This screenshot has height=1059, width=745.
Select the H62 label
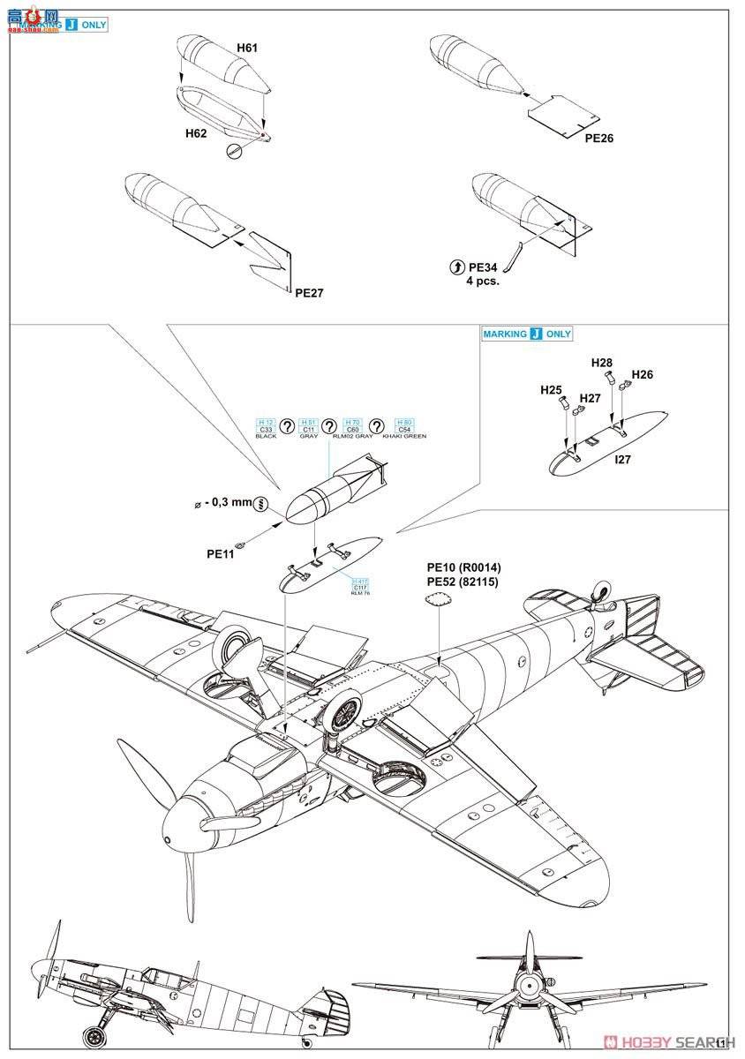[196, 133]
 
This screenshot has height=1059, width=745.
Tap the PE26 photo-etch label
[598, 139]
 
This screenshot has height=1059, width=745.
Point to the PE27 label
[309, 293]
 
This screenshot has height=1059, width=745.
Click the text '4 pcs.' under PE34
[483, 281]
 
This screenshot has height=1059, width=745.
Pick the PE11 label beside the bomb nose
[221, 554]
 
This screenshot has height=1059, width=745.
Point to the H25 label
[552, 389]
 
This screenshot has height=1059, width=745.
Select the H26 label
[643, 375]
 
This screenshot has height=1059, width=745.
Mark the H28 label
[601, 363]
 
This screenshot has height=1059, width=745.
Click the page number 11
[723, 1042]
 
